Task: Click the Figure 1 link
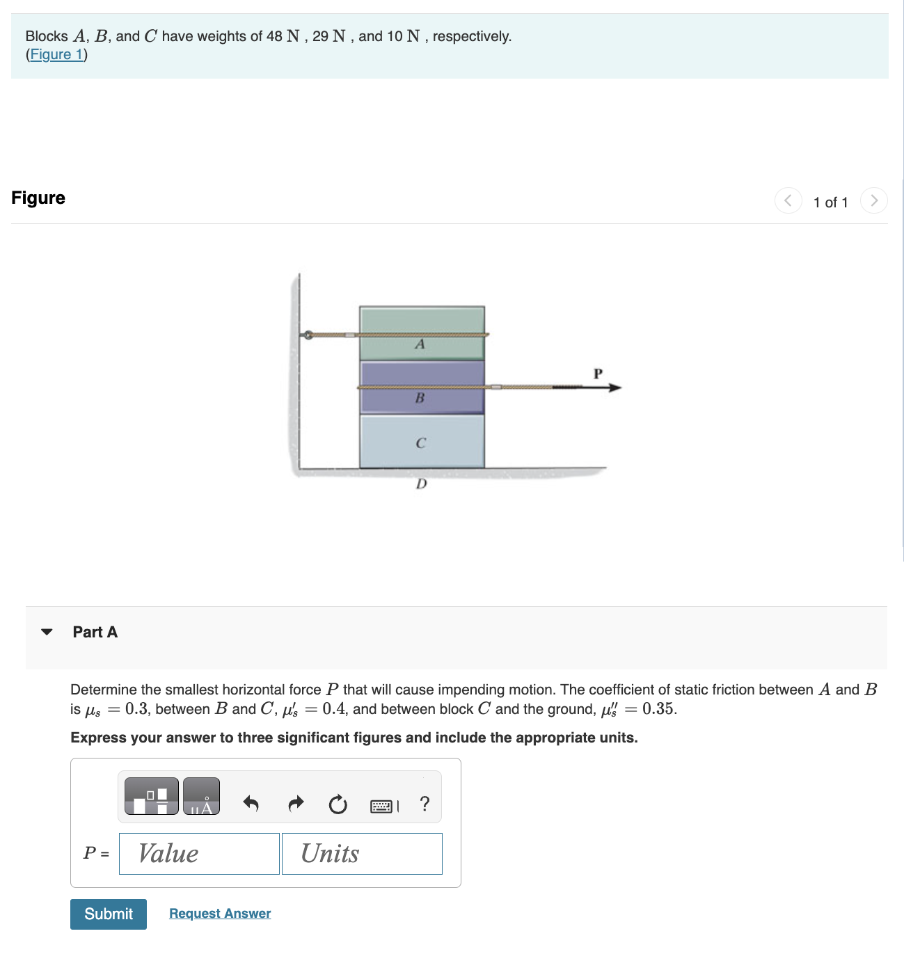(x=56, y=54)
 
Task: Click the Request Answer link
(x=220, y=913)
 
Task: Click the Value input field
(x=199, y=853)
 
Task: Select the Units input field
(x=362, y=853)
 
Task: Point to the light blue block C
(x=422, y=441)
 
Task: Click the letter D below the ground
(x=421, y=484)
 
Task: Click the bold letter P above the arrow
(x=597, y=374)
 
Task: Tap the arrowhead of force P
(x=614, y=388)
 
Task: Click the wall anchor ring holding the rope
(x=307, y=335)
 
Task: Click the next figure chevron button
(x=873, y=200)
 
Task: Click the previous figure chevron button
(x=788, y=200)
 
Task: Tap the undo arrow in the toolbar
(x=251, y=804)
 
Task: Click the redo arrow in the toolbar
(x=296, y=804)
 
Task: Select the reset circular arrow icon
(x=338, y=804)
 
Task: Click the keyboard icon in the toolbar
(x=381, y=806)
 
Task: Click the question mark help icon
(x=425, y=804)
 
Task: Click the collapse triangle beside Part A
(x=47, y=632)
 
